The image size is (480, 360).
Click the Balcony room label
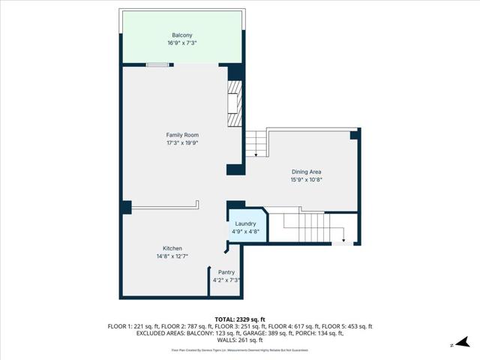click(x=182, y=35)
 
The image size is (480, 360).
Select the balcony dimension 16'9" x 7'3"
click(x=182, y=43)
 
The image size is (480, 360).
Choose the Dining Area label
click(x=306, y=172)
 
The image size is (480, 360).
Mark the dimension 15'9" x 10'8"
click(x=306, y=180)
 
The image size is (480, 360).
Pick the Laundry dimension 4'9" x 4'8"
click(x=246, y=231)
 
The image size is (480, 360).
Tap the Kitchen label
click(x=172, y=248)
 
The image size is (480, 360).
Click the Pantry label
click(x=226, y=272)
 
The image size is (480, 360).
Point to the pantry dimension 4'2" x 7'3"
click(x=226, y=280)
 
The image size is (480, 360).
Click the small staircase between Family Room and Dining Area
click(x=257, y=142)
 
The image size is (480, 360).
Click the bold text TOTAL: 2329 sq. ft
click(x=240, y=319)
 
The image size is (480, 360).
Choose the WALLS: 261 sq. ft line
click(x=240, y=340)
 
